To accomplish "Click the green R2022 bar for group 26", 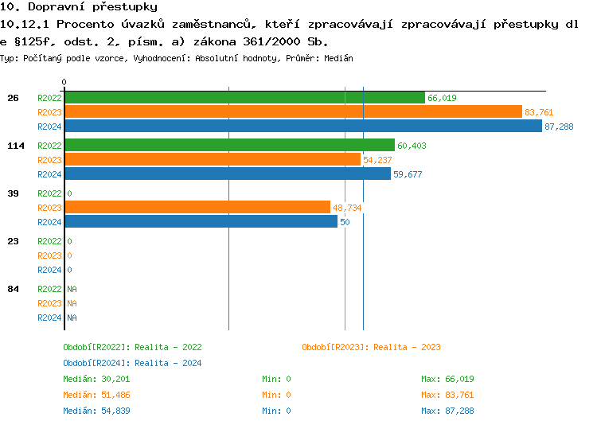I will click(x=244, y=98).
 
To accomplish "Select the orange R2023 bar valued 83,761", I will click(x=293, y=112).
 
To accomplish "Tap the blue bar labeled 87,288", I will click(x=302, y=127).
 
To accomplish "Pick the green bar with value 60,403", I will click(x=229, y=146).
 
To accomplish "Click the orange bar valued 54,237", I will click(x=213, y=160).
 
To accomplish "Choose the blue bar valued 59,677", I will click(x=228, y=174).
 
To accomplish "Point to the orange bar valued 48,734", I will click(x=197, y=208).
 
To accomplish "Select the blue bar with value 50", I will click(x=201, y=222).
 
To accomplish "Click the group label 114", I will click(x=15, y=146).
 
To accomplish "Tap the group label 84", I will click(x=13, y=289).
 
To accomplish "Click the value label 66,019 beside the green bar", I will click(x=442, y=98).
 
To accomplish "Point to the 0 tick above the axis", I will click(x=64, y=82).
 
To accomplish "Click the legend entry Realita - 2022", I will click(x=132, y=347).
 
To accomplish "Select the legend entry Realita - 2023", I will click(x=371, y=347).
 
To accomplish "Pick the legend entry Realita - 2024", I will click(x=132, y=363).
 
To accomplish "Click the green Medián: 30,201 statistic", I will click(x=96, y=379).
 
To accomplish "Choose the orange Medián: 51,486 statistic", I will click(x=96, y=395).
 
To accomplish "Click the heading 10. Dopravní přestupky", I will click(x=79, y=7).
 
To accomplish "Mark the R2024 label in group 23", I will click(x=49, y=270).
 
